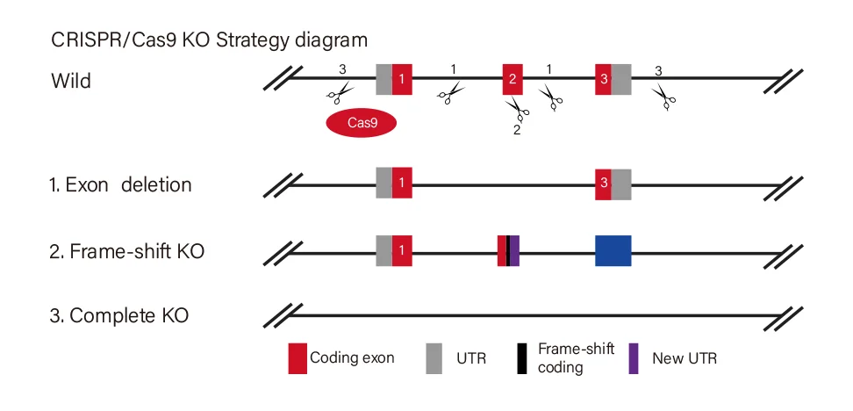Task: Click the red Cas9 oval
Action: pos(362,124)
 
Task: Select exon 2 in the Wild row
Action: pos(513,79)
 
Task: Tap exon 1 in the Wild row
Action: pos(402,79)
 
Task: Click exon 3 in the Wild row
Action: pos(603,79)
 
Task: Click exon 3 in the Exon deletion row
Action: pos(603,184)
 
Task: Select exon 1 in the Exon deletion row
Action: pos(402,184)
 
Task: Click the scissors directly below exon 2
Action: pos(516,110)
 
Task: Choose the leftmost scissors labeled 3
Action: pos(340,90)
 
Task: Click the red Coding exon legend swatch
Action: pos(297,358)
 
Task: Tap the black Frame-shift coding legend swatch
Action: pos(524,358)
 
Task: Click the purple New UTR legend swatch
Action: pos(634,358)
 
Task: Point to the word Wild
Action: pos(70,81)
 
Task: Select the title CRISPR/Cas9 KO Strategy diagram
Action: pos(209,40)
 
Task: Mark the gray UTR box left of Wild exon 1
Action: pos(383,79)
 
